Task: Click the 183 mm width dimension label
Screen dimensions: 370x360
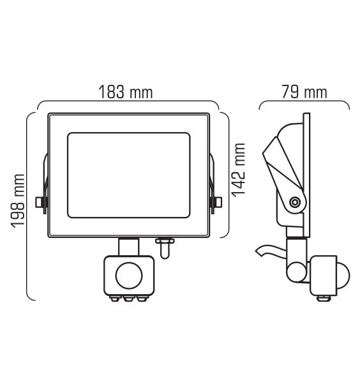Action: coord(125,92)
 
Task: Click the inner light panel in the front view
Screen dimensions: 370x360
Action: coord(128,172)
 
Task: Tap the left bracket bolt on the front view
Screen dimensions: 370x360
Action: coord(40,202)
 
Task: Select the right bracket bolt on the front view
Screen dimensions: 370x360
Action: coord(217,202)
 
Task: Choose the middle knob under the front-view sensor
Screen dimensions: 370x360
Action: coord(128,298)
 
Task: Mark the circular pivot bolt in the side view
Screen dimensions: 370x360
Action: coord(294,202)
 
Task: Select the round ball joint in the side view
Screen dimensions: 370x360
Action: coord(297,271)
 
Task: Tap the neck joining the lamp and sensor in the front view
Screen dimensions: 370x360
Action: coord(129,246)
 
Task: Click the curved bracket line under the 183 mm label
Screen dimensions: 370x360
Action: coord(128,102)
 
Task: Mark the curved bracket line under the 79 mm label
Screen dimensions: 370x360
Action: coord(304,102)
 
